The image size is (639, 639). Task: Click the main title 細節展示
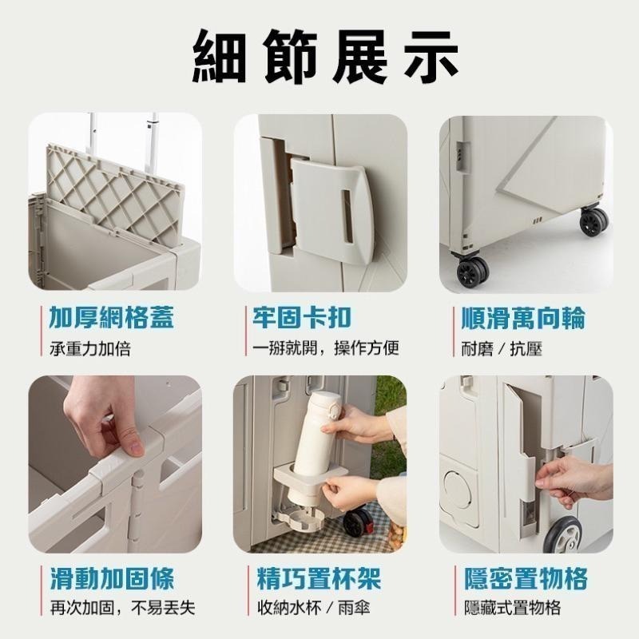click(x=325, y=57)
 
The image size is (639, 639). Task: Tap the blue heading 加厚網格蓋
click(x=111, y=318)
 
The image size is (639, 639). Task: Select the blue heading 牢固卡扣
click(x=301, y=317)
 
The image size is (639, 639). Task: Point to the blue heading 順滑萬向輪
click(x=523, y=318)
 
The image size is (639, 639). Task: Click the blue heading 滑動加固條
click(x=112, y=577)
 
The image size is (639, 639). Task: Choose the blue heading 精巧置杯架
click(x=319, y=577)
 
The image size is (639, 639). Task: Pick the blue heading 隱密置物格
click(x=526, y=577)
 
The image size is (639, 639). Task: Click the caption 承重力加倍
click(x=89, y=349)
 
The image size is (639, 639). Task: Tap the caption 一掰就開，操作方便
click(x=326, y=348)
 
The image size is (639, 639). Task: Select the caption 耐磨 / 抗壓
click(x=502, y=349)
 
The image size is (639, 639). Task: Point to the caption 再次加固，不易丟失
click(x=123, y=608)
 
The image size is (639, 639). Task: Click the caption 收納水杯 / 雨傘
click(x=313, y=608)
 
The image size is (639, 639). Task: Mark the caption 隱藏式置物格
click(x=513, y=608)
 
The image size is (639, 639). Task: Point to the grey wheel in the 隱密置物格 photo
click(x=562, y=534)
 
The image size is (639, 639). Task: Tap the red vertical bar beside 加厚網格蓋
click(x=42, y=331)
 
